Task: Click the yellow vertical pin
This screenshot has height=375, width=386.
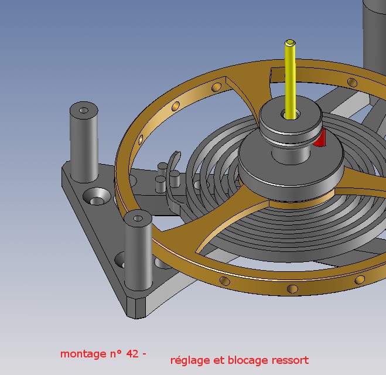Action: [x=291, y=79]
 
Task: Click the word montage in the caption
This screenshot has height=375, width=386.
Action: [x=83, y=354]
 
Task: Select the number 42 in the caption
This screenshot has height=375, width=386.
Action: [x=132, y=353]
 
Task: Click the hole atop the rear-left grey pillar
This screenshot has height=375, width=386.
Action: [x=84, y=110]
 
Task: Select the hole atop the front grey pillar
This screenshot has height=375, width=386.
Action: [x=138, y=218]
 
